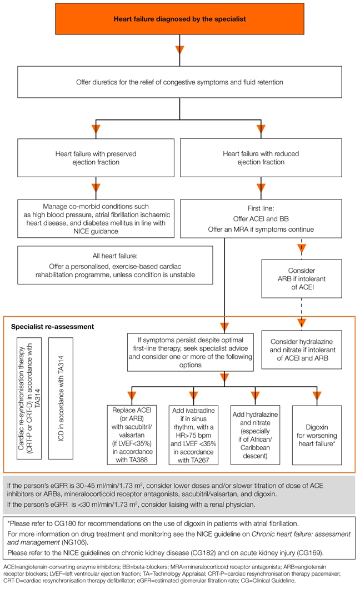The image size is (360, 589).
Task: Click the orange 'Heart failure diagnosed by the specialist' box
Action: pos(179,19)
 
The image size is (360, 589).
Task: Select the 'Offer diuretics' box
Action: pos(179,82)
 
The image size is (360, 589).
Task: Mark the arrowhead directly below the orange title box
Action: pos(179,51)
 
